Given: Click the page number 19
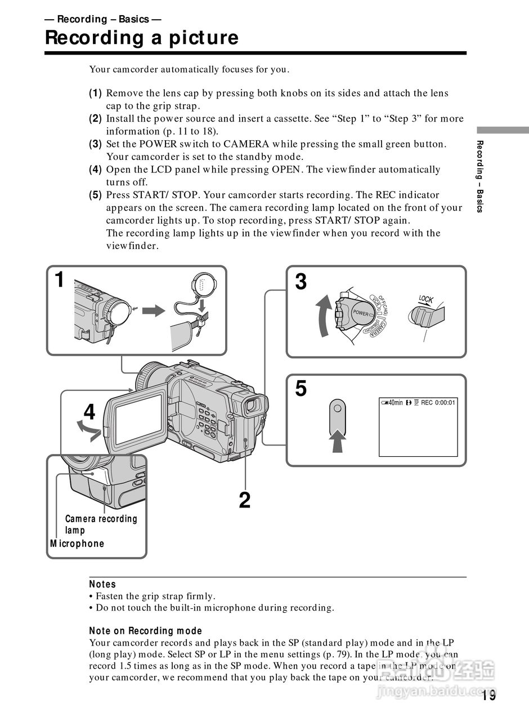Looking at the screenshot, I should click(489, 696).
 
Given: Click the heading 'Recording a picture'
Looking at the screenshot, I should click(141, 38).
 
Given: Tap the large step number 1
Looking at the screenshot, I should click(60, 280).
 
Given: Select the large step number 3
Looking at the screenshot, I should click(301, 282).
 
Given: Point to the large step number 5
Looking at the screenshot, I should click(301, 389).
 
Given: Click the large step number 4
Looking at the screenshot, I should click(89, 413).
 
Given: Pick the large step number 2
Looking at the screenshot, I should click(244, 500).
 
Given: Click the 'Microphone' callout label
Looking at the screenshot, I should click(77, 544).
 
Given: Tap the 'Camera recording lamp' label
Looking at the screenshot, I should click(101, 524).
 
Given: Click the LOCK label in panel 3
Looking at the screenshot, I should click(425, 299).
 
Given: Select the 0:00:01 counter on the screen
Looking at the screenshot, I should click(445, 403).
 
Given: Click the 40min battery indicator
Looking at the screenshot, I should click(392, 403).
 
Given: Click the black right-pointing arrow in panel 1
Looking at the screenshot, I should click(153, 311).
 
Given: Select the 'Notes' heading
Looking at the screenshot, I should click(102, 584).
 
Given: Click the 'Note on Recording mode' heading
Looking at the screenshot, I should click(145, 630).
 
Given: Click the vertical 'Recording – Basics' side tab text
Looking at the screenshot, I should click(479, 176).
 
